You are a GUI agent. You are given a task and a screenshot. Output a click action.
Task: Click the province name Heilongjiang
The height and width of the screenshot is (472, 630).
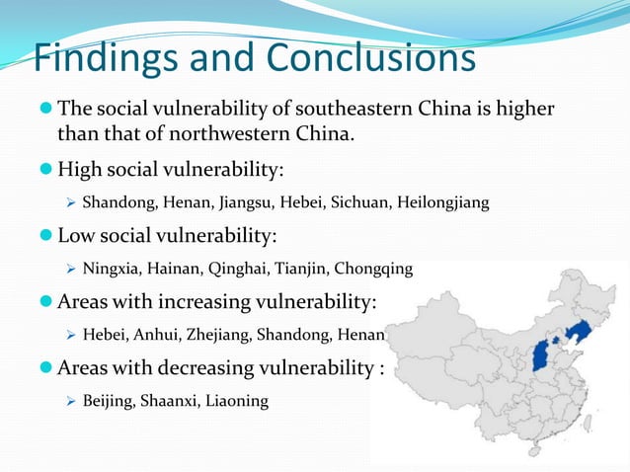pyautogui.click(x=441, y=204)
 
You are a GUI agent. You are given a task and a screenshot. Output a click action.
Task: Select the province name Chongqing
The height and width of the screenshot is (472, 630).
pyautogui.click(x=378, y=268)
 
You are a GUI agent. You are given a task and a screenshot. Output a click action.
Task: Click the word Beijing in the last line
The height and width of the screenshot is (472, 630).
pyautogui.click(x=108, y=401)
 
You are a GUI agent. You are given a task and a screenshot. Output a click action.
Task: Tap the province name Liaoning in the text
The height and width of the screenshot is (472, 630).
pyautogui.click(x=236, y=401)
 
